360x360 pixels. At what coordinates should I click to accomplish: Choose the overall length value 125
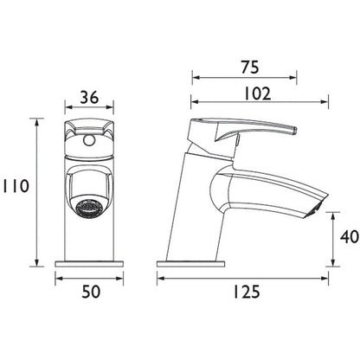247,292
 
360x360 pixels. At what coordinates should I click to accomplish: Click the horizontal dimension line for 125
247,278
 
